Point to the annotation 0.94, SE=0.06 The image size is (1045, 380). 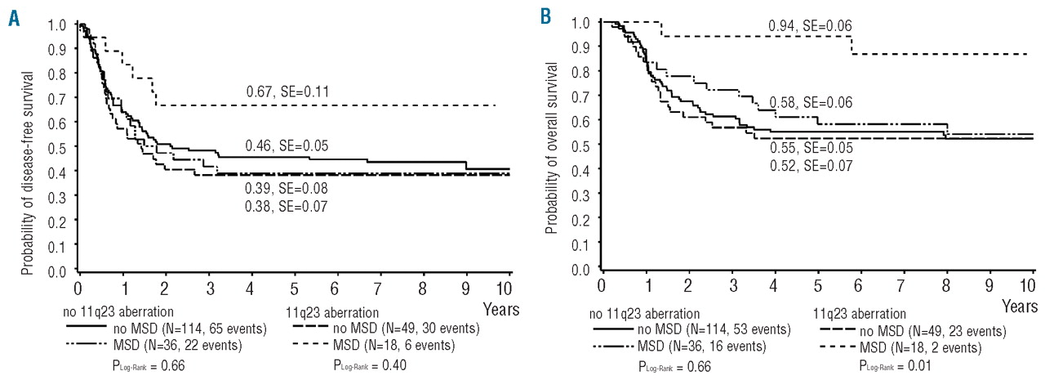click(x=810, y=26)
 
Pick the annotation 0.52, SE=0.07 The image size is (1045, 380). click(x=811, y=166)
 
